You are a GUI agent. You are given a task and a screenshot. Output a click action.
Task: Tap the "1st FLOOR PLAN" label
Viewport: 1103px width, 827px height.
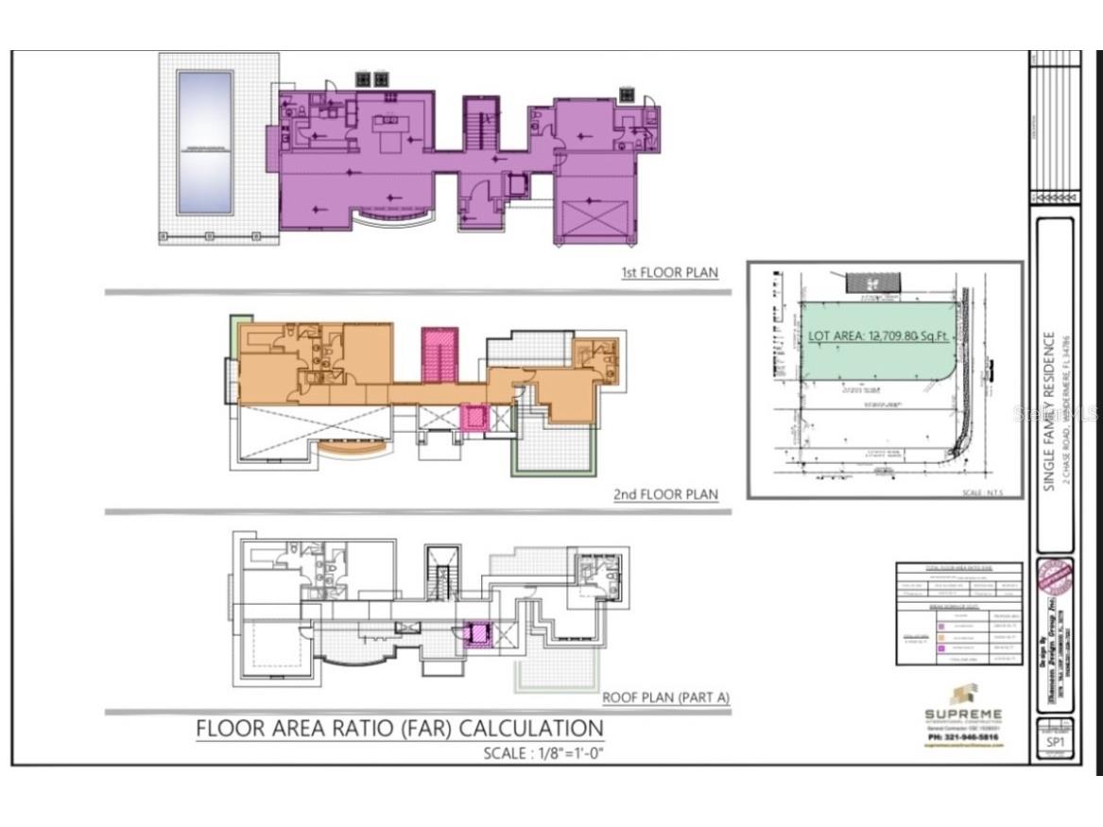(x=668, y=272)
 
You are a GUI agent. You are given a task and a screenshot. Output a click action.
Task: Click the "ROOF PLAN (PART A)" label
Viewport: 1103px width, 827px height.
(x=665, y=698)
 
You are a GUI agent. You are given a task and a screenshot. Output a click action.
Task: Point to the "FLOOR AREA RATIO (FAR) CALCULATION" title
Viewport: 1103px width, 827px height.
(x=399, y=729)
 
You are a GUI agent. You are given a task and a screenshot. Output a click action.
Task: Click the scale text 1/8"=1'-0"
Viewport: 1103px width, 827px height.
(x=543, y=753)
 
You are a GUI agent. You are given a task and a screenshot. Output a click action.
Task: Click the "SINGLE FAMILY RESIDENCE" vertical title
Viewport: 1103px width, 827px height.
(x=1048, y=411)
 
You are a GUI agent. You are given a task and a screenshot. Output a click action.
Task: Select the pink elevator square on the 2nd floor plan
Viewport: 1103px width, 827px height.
(x=473, y=416)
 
